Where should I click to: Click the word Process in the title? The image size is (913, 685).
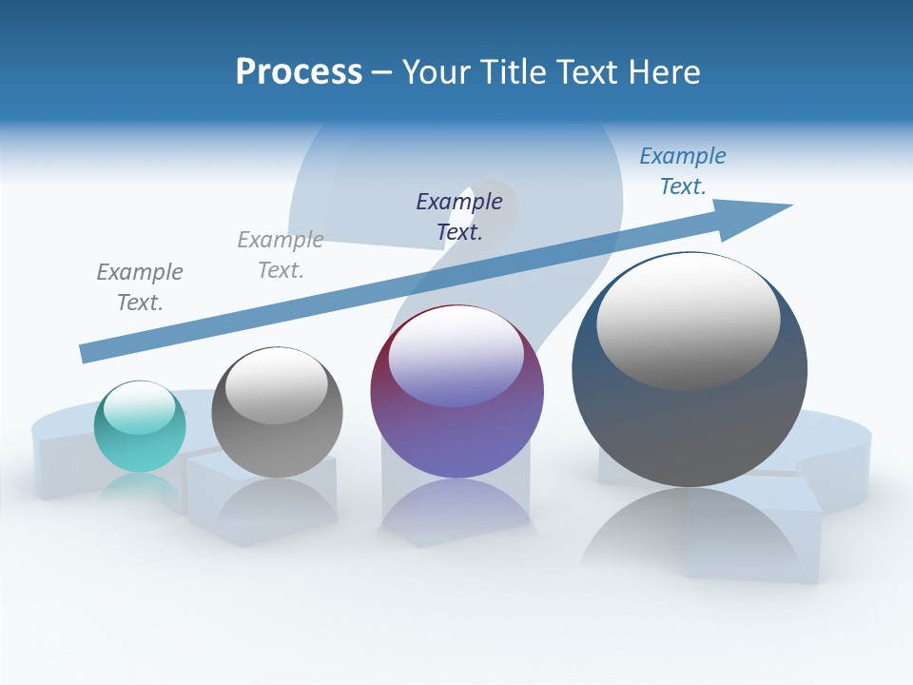click(299, 72)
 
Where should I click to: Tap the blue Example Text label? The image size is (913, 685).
click(683, 171)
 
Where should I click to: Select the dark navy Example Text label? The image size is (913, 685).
click(459, 216)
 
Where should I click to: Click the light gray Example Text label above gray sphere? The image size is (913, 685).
click(281, 255)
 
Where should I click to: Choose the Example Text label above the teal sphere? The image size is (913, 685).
click(140, 286)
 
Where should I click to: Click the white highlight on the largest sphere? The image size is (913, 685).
click(689, 322)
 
